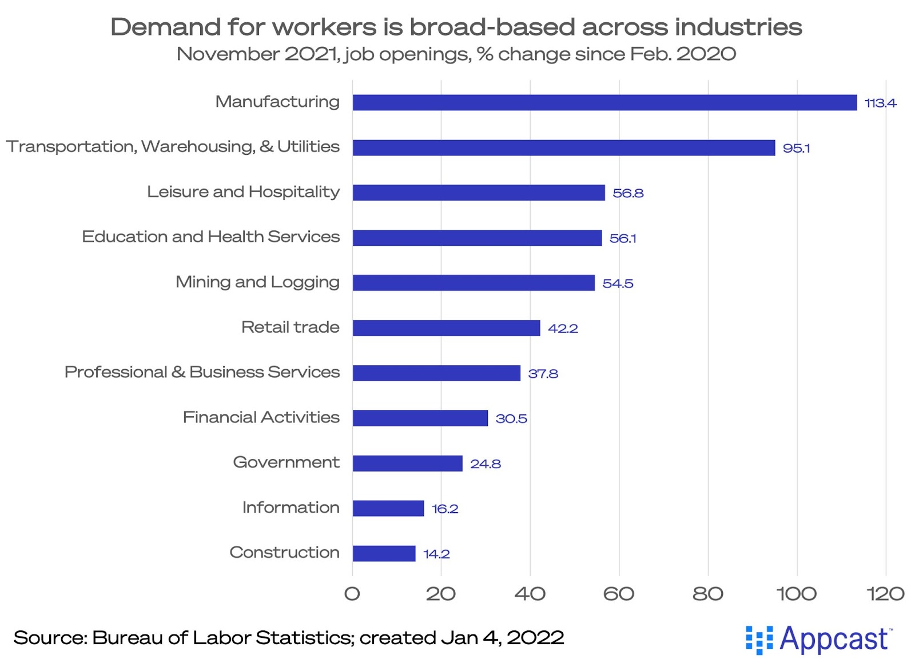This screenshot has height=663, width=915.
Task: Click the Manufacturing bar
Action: point(604,103)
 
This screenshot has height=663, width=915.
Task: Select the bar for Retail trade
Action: point(446,328)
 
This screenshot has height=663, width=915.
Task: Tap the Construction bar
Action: point(384,553)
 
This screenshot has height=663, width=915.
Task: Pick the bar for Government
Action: point(407,464)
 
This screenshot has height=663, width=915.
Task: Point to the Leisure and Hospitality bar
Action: point(478,193)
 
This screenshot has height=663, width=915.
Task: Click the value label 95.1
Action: point(796,148)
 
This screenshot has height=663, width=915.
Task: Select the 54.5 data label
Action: point(618,283)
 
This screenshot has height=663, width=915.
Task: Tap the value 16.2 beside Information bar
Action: point(445,509)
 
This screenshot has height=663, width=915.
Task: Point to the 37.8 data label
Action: point(543,374)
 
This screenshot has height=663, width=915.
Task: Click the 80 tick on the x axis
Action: point(707,594)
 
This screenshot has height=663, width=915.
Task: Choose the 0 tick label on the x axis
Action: point(352,594)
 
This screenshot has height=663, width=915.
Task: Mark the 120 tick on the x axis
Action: point(885,594)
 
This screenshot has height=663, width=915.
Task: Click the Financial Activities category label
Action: point(261,417)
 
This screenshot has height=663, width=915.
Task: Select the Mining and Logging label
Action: point(257,282)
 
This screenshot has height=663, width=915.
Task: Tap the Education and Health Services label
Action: point(210,237)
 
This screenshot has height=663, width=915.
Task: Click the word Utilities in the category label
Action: point(308,147)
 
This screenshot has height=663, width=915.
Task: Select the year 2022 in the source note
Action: point(535,637)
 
